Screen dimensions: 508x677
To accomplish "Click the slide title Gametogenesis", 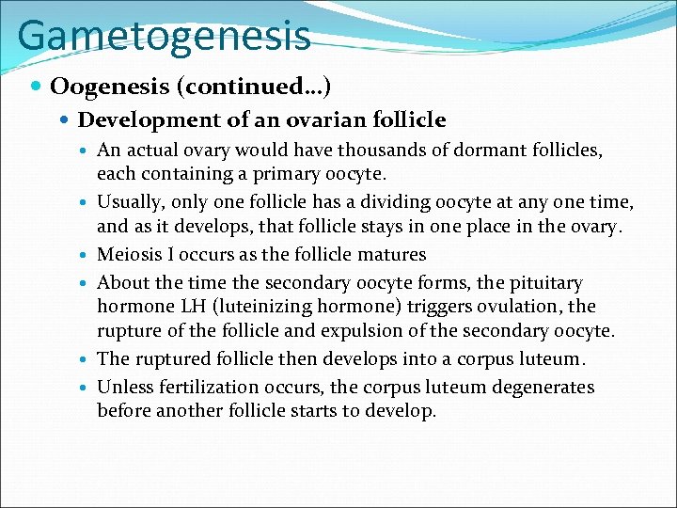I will pyautogui.click(x=164, y=35).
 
